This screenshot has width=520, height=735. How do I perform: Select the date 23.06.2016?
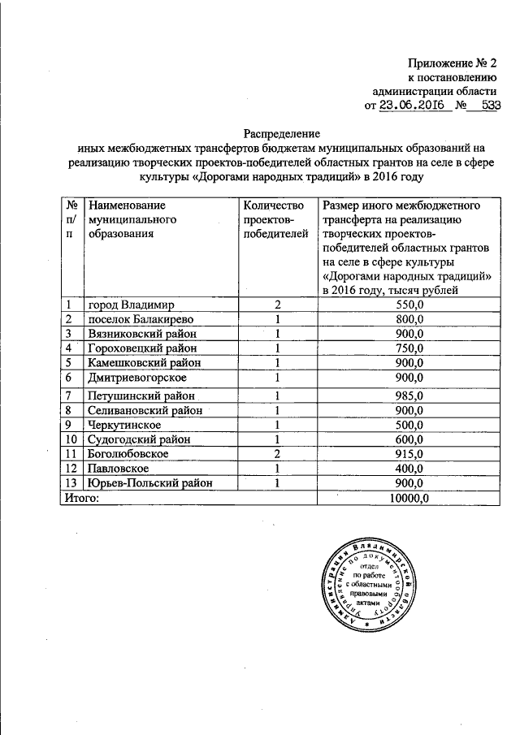pyautogui.click(x=415, y=105)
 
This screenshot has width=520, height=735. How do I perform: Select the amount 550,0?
pyautogui.click(x=406, y=305)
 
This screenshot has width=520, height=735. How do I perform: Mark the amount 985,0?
pyautogui.click(x=406, y=396)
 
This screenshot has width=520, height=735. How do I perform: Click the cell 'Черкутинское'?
pyautogui.click(x=125, y=424)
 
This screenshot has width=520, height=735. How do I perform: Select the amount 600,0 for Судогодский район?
pyautogui.click(x=406, y=439)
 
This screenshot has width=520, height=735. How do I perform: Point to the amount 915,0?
pyautogui.click(x=406, y=453)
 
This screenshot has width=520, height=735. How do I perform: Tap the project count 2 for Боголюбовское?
pyautogui.click(x=277, y=453)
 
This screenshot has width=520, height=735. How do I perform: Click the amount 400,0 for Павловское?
pyautogui.click(x=406, y=468)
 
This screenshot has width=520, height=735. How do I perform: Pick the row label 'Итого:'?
pyautogui.click(x=82, y=497)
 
